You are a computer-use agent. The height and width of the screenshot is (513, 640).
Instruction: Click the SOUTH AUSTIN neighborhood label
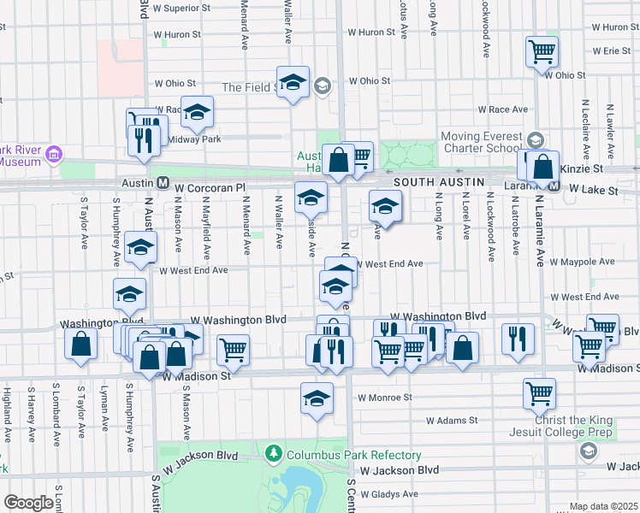point(439,182)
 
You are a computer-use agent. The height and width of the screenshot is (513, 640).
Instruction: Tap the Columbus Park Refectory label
point(353,454)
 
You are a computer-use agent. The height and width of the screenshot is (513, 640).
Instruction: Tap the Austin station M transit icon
point(161,182)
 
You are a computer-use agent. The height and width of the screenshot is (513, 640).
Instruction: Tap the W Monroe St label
point(385,398)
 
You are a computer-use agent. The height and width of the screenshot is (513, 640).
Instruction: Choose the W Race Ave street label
point(503,109)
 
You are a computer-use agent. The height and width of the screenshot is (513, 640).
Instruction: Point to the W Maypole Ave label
point(582,262)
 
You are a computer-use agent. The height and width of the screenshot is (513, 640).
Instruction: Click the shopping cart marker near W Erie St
point(542,51)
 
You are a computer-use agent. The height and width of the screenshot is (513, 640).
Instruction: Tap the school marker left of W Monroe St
point(317,398)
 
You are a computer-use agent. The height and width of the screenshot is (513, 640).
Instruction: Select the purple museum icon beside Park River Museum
point(53,155)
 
